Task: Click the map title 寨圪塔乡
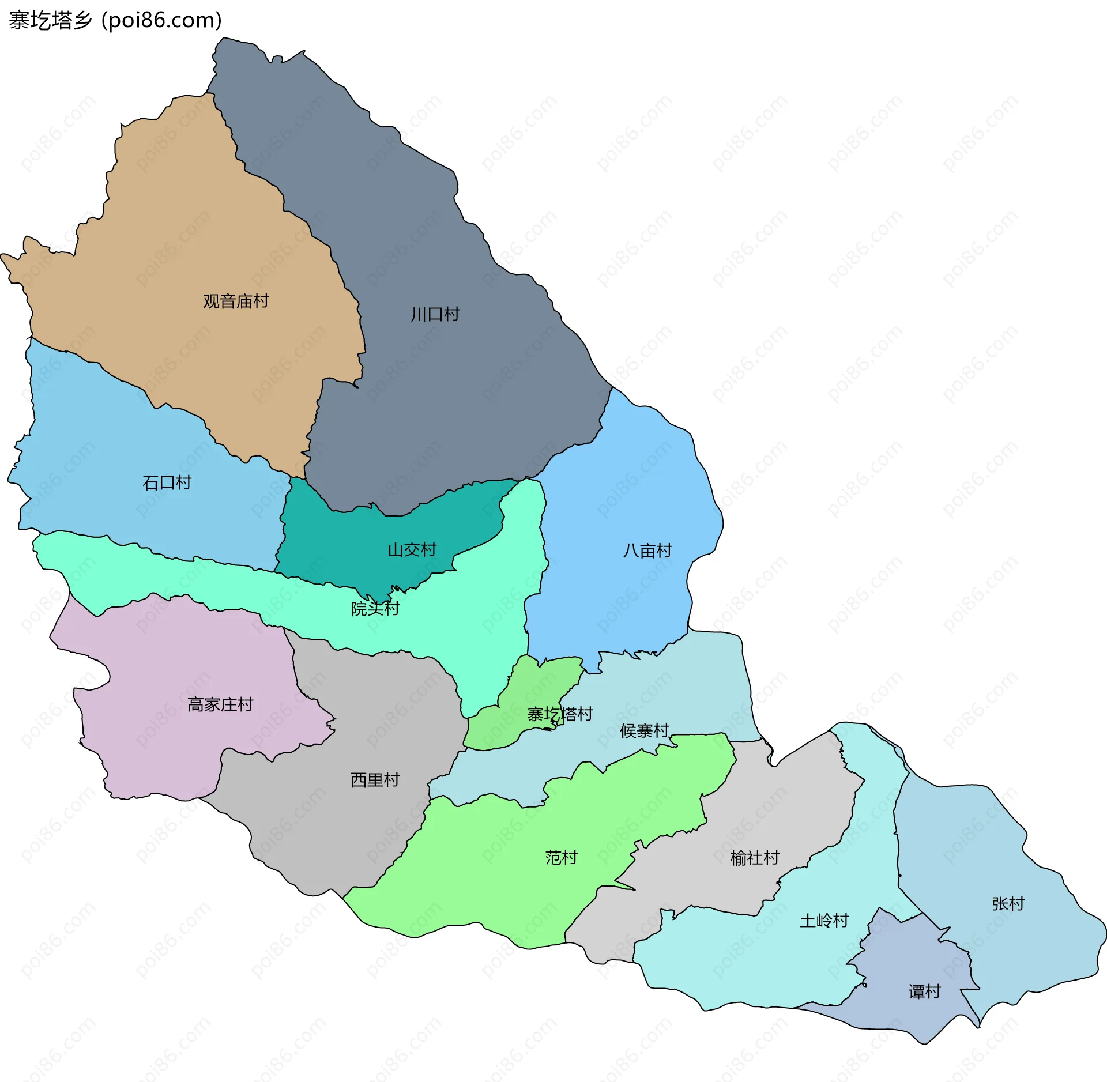coord(51,20)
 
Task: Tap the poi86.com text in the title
coord(161,20)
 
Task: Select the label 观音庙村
coord(236,301)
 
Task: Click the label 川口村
coord(435,314)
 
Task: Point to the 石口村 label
coord(167,482)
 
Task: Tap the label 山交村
coord(412,549)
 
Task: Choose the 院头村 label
coord(375,608)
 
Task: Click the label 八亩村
coord(647,551)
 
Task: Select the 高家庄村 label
coord(220,704)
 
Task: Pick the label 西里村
coord(375,780)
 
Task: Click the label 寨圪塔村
coord(560,714)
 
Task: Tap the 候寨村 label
coord(644,730)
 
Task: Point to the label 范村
coord(561,857)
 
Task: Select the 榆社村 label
coord(754,858)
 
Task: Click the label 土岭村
coord(824,920)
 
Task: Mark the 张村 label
coord(1008,903)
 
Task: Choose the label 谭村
coord(924,991)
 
